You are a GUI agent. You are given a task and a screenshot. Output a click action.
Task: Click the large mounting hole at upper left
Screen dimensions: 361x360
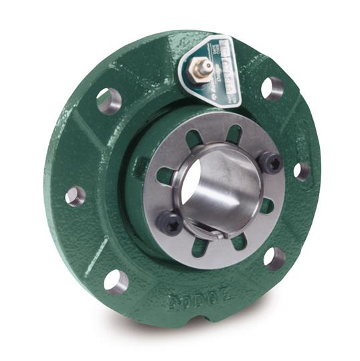(x=108, y=101)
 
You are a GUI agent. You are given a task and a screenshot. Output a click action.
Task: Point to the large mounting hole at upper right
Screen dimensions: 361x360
(x=272, y=87)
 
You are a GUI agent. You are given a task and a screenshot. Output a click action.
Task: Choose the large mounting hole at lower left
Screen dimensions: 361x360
(x=116, y=281)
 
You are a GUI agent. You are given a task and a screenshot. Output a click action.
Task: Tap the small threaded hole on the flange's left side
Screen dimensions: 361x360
(x=75, y=196)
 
